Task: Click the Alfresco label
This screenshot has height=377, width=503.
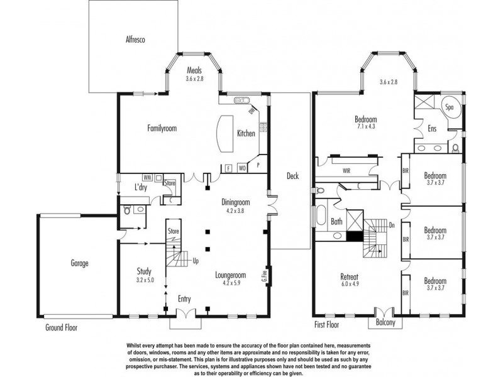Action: click(x=135, y=40)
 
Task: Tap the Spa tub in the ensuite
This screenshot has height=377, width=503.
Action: click(x=450, y=107)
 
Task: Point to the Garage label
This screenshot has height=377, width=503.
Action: click(x=79, y=263)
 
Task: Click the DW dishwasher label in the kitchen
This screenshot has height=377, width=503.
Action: click(x=251, y=111)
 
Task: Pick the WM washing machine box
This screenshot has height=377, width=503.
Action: click(x=147, y=177)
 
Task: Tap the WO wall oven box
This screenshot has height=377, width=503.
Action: click(x=242, y=168)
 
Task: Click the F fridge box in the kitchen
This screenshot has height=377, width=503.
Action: click(x=228, y=168)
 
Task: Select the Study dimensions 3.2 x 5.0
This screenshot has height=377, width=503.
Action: click(x=145, y=280)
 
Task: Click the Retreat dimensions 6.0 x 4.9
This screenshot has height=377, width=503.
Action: click(x=350, y=284)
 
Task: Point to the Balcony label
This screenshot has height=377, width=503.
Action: click(x=385, y=322)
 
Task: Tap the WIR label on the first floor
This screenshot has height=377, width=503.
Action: click(x=346, y=171)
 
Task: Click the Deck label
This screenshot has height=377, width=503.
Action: click(x=292, y=176)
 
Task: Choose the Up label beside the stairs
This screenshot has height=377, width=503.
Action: click(x=196, y=261)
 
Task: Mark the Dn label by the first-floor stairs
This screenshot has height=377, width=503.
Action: click(x=392, y=225)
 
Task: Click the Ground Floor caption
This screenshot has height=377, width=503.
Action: click(x=61, y=327)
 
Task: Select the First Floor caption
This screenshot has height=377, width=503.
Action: click(x=326, y=324)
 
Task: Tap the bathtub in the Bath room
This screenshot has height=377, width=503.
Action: click(x=321, y=215)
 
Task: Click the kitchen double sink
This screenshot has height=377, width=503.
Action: click(x=241, y=100)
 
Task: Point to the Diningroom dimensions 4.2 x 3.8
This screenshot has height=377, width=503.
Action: click(x=235, y=211)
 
